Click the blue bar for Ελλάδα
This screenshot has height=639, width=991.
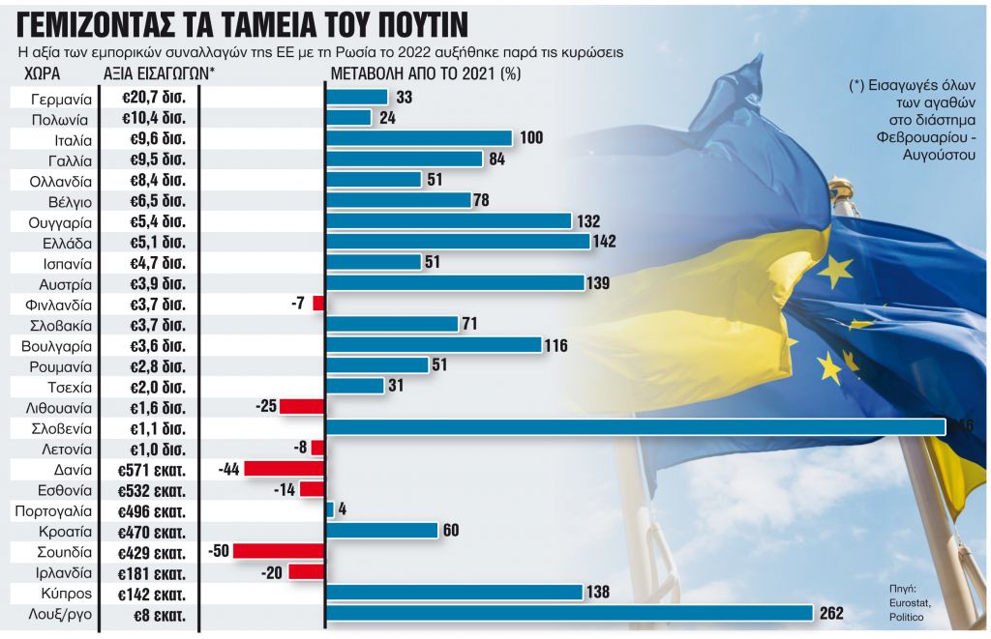click(459, 242)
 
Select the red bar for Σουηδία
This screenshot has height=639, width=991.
click(279, 551)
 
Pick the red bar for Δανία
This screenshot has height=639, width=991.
click(284, 468)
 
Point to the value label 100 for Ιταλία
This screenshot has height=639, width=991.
click(531, 138)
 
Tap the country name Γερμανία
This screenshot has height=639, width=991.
click(61, 99)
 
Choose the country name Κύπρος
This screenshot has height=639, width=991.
click(69, 594)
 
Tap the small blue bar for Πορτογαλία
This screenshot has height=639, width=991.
click(330, 509)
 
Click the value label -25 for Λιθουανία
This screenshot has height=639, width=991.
click(266, 407)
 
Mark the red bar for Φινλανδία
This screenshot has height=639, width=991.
click(318, 304)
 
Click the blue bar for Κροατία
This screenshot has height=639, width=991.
click(383, 530)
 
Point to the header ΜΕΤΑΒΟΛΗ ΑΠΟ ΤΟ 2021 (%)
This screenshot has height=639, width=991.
click(425, 74)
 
